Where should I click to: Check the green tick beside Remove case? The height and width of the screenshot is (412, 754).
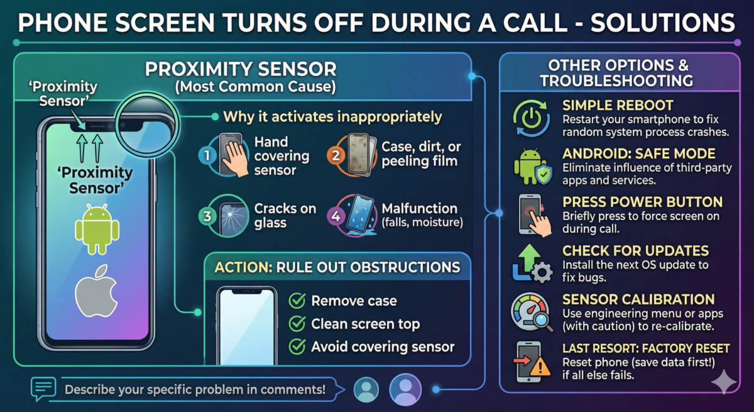pyautogui.click(x=297, y=301)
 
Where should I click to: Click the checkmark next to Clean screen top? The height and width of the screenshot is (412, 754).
pyautogui.click(x=297, y=324)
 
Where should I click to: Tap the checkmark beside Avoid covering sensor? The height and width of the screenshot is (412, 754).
pyautogui.click(x=297, y=347)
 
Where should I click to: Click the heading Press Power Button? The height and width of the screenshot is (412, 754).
pyautogui.click(x=642, y=203)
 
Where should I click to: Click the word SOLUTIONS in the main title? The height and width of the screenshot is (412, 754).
pyautogui.click(x=667, y=23)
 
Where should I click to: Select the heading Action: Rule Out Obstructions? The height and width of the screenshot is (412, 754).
pyautogui.click(x=337, y=267)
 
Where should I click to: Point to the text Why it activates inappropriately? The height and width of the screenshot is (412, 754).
pyautogui.click(x=332, y=117)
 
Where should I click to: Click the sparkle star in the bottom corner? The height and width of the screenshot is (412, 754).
pyautogui.click(x=725, y=382)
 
